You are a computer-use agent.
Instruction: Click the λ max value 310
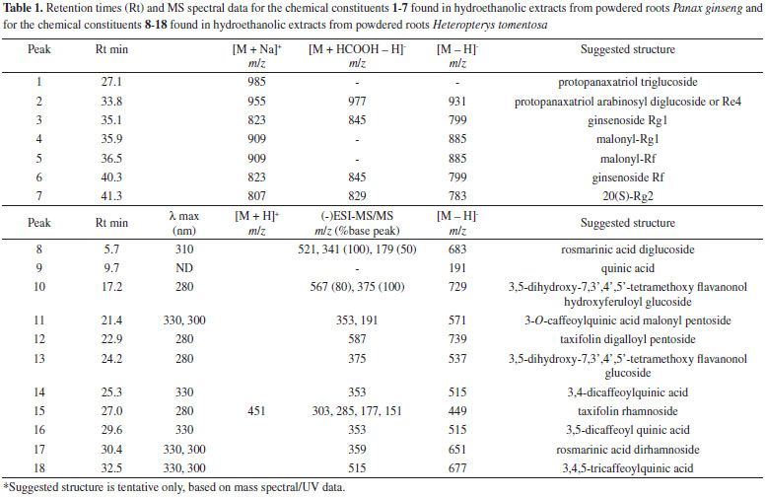[x=186, y=249]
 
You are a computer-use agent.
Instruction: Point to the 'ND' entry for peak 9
[x=186, y=268]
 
